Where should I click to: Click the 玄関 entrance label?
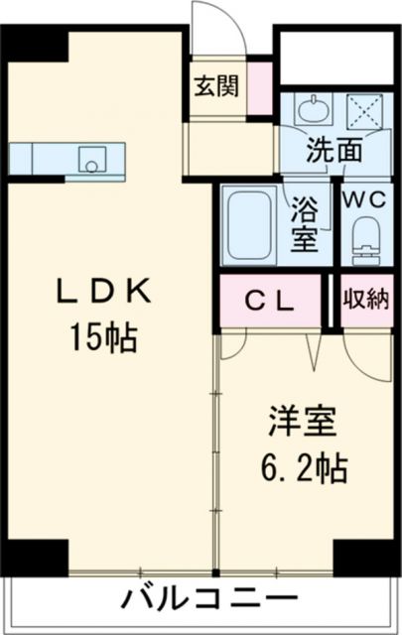click(x=215, y=86)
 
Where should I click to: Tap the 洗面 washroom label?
click(x=334, y=153)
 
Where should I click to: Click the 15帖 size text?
click(x=102, y=339)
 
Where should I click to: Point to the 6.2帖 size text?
click(x=304, y=466)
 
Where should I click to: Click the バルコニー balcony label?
click(x=209, y=601)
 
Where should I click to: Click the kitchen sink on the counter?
click(x=94, y=157)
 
